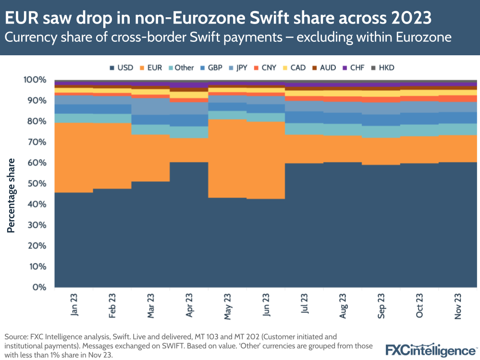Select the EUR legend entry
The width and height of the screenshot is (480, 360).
point(152,68)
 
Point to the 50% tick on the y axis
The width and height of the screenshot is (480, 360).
point(37,184)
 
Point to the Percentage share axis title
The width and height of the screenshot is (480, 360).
point(11,195)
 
